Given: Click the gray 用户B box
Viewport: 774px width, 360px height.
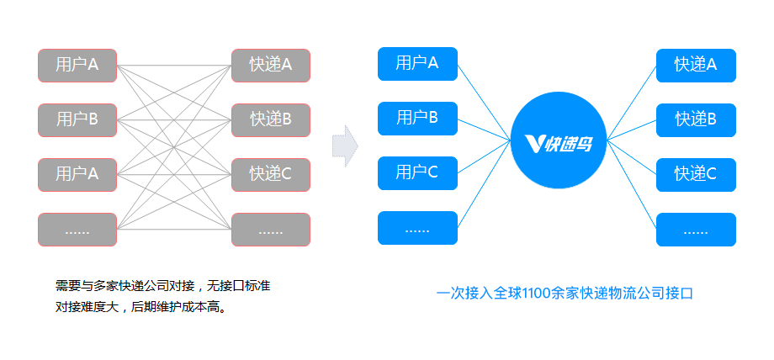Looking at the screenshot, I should click(x=77, y=119).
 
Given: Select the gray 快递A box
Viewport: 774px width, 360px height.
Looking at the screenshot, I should click(x=271, y=65).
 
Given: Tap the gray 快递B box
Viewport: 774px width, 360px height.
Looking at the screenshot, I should click(x=271, y=119).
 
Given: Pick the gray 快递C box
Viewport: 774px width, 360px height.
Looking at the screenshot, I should click(x=271, y=174).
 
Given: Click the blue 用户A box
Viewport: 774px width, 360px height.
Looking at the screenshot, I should click(x=417, y=64).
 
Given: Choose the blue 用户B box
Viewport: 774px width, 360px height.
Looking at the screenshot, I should click(x=417, y=118).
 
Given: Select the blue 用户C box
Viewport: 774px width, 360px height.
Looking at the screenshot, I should click(x=417, y=172).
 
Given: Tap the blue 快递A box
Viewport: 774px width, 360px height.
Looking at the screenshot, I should click(x=696, y=65).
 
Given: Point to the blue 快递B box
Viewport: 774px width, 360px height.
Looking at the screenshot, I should click(x=696, y=119).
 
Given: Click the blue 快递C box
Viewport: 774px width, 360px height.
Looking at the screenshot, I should click(x=696, y=174).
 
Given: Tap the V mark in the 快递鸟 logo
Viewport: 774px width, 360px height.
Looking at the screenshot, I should click(x=533, y=144).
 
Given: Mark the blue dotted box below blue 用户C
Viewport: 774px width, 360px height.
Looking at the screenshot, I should click(x=417, y=228).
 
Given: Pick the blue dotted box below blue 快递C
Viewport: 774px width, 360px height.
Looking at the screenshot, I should click(x=696, y=230).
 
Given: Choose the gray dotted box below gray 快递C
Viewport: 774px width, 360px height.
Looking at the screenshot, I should click(x=271, y=230).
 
